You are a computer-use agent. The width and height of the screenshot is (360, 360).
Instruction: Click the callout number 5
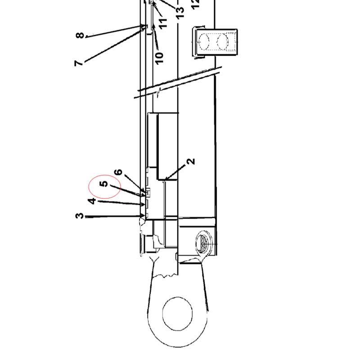click(x=104, y=184)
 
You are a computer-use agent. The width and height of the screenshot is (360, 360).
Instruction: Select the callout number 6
click(x=118, y=172)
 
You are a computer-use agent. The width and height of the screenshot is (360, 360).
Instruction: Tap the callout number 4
click(x=92, y=201)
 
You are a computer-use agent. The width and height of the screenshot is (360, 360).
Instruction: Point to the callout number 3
click(x=80, y=216)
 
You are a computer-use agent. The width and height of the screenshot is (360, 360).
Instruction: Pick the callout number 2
click(x=190, y=162)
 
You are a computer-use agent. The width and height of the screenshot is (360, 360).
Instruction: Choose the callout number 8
click(x=80, y=36)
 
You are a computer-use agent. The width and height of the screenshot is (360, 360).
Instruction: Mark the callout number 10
click(x=159, y=58)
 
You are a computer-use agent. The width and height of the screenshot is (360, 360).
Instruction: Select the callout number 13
click(x=180, y=13)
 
